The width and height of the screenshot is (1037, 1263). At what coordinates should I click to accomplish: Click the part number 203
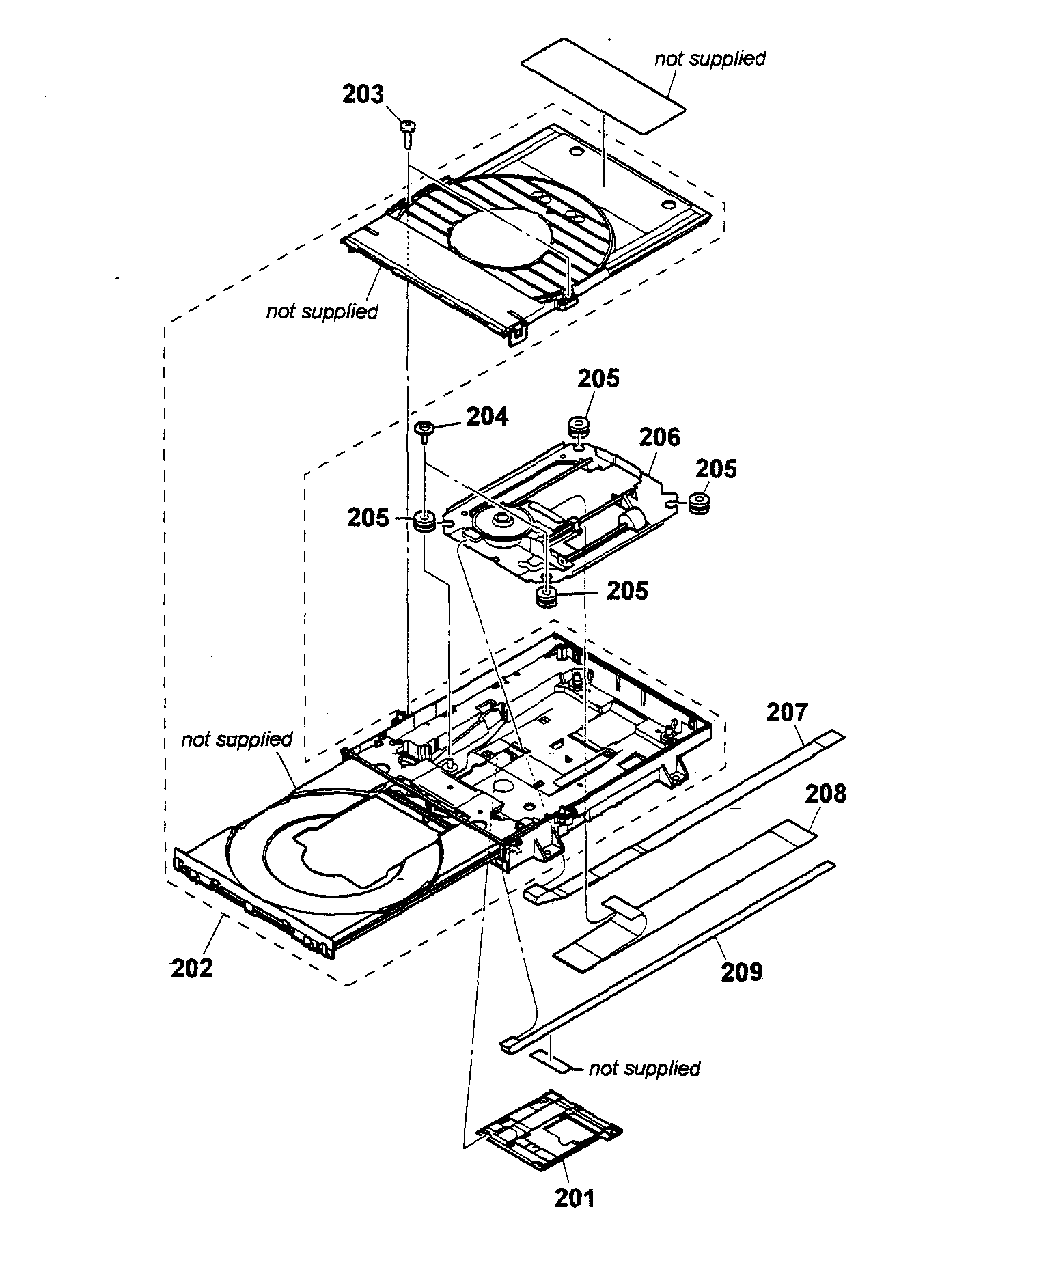pos(363,94)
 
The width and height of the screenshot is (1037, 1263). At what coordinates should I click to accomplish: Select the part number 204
pos(486,416)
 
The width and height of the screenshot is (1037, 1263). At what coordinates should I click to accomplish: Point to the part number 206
pos(659,436)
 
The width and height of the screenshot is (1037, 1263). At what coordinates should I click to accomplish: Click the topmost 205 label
pos(598,378)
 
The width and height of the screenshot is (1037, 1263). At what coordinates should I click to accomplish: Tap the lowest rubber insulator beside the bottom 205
pos(547,597)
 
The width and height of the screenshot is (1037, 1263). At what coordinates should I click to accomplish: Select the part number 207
pos(787,712)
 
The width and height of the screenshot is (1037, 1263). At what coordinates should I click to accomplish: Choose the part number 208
pos(825,794)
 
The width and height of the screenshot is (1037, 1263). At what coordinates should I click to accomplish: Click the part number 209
pos(741,971)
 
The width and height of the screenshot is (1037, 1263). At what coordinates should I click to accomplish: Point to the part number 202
pos(192,968)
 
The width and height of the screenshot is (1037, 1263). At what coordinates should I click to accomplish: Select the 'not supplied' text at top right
pos(710,59)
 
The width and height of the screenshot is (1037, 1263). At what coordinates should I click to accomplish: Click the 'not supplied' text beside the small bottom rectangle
pos(644,1068)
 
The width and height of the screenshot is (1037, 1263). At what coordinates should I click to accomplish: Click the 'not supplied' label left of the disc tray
pos(236,739)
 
